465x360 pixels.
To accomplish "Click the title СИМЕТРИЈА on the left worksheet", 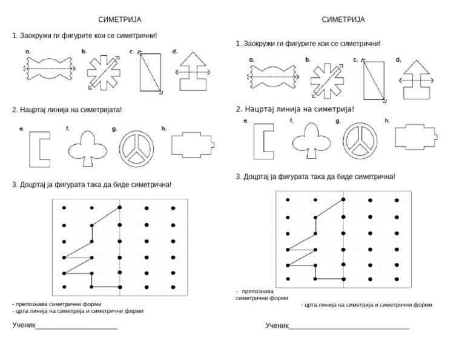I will click(x=120, y=20).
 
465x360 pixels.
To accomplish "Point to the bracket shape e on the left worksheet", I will click(x=39, y=149).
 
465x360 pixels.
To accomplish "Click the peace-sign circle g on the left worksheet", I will click(x=136, y=149).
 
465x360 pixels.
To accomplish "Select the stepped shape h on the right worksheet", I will click(x=417, y=136).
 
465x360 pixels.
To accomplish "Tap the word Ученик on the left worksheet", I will click(x=24, y=325).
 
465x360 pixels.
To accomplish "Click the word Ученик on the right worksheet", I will click(x=277, y=326).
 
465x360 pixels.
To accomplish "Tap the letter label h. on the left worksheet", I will click(x=164, y=128).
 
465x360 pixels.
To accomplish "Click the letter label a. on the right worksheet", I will click(x=251, y=60).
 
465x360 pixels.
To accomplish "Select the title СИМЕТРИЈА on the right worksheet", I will click(x=343, y=20).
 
